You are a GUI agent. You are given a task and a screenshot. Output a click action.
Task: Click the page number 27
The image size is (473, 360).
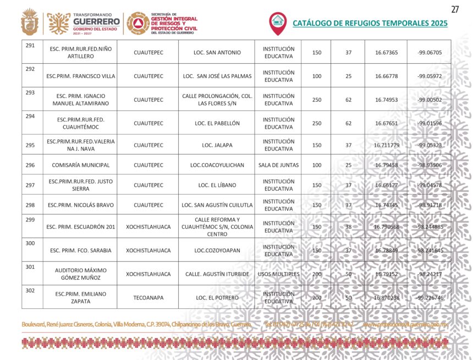[454, 9]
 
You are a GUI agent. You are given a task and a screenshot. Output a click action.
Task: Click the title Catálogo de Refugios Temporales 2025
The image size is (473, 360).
[370, 23]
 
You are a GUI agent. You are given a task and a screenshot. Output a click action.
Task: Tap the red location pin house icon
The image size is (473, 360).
[277, 22]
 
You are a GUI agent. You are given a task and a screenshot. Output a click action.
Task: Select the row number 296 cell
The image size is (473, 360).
[30, 165]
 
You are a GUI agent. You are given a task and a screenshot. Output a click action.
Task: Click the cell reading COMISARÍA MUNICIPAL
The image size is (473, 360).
[81, 165]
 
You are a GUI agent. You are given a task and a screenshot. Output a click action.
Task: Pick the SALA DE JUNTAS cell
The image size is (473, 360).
[278, 165]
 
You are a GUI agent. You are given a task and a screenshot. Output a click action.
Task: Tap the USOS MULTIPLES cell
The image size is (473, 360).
[278, 274]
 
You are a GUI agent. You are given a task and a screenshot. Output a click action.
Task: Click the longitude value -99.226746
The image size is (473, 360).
[430, 297]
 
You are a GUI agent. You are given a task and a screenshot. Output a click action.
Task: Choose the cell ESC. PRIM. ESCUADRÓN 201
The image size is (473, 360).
[81, 226]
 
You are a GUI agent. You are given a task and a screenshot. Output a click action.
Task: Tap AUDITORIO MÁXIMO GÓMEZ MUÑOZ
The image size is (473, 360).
[81, 274]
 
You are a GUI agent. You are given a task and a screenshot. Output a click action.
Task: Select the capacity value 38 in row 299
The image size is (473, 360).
[348, 226]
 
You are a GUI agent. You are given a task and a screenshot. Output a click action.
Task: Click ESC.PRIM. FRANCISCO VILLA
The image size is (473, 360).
[81, 76]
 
